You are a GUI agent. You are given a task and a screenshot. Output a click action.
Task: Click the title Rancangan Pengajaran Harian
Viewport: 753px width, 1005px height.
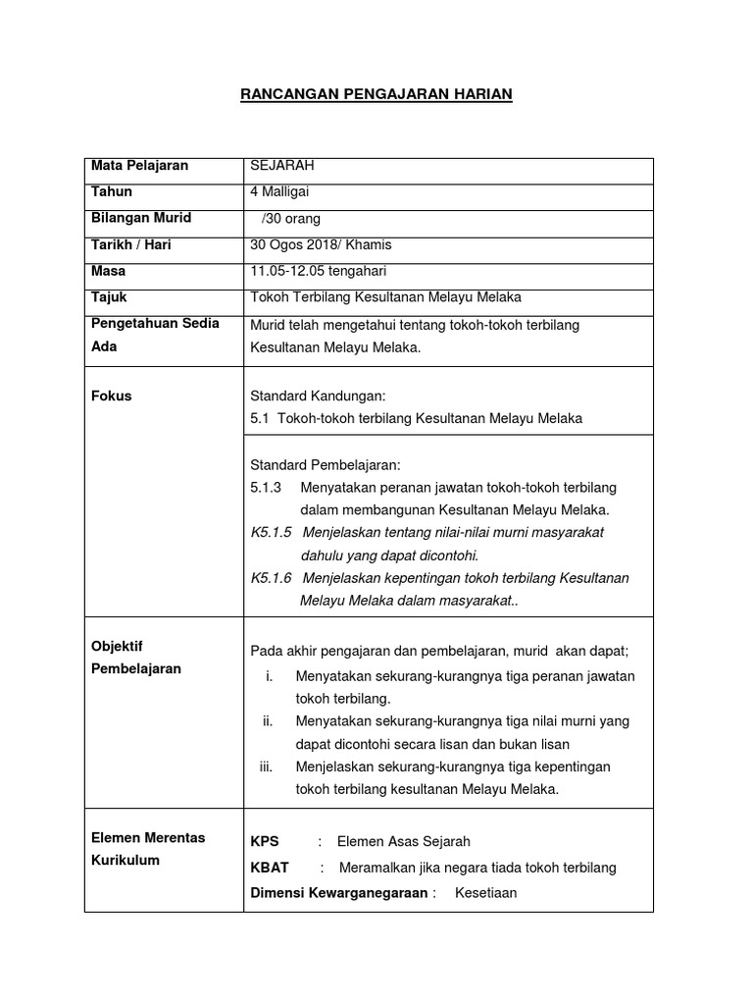(x=376, y=93)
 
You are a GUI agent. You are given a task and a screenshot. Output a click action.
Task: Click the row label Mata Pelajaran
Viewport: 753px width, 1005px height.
(x=139, y=166)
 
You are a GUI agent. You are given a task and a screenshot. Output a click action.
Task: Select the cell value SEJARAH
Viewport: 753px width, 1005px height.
(x=282, y=166)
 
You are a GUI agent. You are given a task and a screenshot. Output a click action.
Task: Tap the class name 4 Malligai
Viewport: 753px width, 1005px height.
(x=280, y=192)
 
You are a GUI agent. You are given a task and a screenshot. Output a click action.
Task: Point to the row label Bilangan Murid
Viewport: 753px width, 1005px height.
(x=141, y=218)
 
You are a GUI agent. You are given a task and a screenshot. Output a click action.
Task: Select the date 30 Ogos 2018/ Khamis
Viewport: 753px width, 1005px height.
(x=322, y=244)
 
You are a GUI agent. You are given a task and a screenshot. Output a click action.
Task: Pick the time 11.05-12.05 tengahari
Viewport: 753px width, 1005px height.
(x=320, y=271)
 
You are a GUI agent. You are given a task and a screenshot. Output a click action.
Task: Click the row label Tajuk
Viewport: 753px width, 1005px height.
(x=109, y=296)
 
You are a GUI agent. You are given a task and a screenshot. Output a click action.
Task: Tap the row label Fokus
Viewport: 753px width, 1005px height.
(x=111, y=397)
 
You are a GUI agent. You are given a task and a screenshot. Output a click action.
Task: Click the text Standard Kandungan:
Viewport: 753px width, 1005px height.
(x=319, y=397)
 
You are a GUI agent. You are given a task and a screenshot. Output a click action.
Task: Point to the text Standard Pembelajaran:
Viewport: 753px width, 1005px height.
(x=326, y=464)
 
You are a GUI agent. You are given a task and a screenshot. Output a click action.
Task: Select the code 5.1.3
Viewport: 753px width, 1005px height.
(x=266, y=488)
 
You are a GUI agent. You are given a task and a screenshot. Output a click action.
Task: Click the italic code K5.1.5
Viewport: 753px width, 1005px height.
(x=272, y=532)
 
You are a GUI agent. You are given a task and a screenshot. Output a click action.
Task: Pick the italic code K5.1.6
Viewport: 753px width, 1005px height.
(x=272, y=577)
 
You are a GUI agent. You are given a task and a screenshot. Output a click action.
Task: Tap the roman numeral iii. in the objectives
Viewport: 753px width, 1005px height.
(x=266, y=767)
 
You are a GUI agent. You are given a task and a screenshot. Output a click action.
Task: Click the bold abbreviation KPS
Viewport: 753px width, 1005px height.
(x=265, y=841)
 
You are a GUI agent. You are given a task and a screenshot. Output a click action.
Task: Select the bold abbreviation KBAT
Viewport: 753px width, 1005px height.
(x=270, y=868)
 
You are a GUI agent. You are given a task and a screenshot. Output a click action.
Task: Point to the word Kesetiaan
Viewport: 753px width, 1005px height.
(x=485, y=893)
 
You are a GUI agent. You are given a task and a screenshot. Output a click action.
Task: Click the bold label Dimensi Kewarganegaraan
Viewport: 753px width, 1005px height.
(x=339, y=893)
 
